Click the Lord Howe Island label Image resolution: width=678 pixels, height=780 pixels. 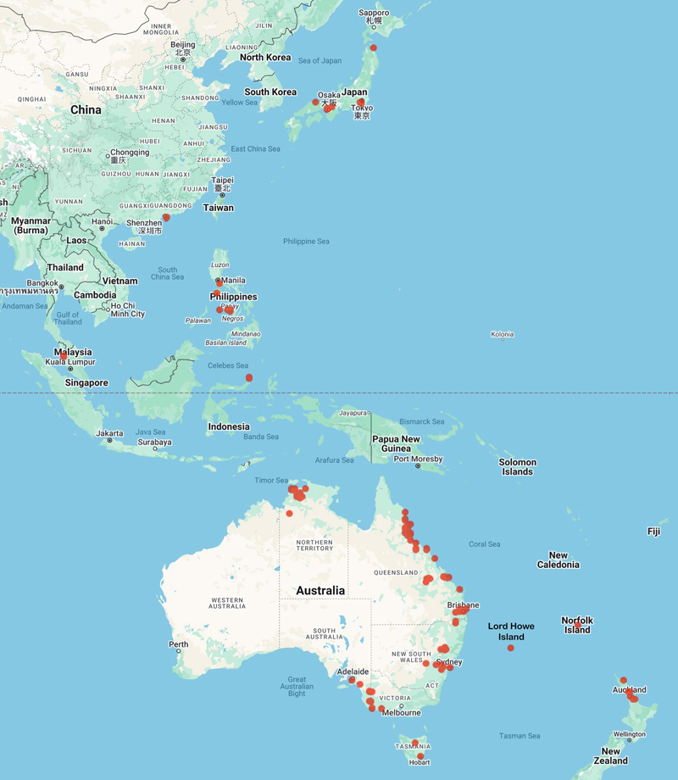tap(511, 632)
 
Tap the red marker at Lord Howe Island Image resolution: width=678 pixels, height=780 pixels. tap(510, 648)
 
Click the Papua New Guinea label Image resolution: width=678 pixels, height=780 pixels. tap(396, 443)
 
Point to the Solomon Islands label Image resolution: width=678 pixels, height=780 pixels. tap(517, 467)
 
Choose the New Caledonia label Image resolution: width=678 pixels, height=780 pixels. tap(558, 560)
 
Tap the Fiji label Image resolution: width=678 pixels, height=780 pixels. tap(653, 532)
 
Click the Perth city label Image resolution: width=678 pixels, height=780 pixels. tap(178, 644)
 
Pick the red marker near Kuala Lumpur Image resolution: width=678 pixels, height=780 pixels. tap(63, 356)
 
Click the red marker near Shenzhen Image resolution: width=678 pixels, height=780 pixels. tap(166, 218)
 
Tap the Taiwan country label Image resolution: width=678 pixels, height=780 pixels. tap(219, 208)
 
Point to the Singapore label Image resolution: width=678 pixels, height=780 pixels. tap(87, 382)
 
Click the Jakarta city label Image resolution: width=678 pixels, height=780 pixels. tap(110, 433)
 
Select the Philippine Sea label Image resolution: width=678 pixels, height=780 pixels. tap(306, 242)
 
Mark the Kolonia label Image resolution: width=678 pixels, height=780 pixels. tap(502, 335)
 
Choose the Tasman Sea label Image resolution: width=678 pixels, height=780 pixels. tap(520, 736)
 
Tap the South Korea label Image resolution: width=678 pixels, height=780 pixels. tap(270, 92)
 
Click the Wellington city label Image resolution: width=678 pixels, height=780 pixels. tap(630, 734)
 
